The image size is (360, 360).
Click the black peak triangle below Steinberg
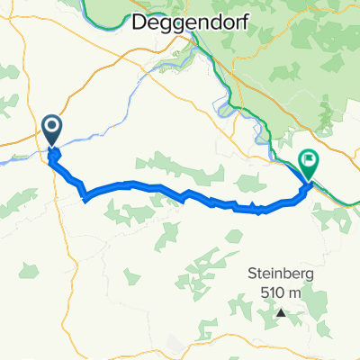[281, 313]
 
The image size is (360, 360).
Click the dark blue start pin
[51, 130]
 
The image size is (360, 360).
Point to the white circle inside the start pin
[51, 128]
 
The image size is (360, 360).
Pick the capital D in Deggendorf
[140, 24]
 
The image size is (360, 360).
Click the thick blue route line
[135, 184]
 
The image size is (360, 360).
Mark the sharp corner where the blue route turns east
[84, 196]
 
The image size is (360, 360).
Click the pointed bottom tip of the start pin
[51, 147]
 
